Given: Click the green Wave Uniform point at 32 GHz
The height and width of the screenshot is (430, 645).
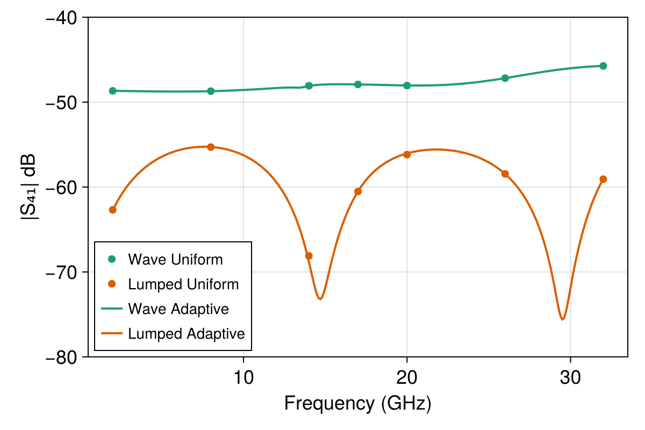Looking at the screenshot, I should [x=603, y=66].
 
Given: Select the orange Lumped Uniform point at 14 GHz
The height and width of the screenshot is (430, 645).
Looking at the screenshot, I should [x=309, y=256].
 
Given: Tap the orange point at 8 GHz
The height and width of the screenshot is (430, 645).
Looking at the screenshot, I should [x=211, y=147].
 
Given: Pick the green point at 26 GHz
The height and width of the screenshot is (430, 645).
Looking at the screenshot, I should [x=505, y=78].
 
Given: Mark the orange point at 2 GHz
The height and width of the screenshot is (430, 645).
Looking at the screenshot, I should [x=112, y=210].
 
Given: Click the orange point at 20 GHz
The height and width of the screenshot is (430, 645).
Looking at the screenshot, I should [x=407, y=154].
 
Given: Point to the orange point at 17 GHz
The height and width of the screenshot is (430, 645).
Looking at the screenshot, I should [x=358, y=191].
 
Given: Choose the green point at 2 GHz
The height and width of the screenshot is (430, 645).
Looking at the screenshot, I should [x=112, y=91].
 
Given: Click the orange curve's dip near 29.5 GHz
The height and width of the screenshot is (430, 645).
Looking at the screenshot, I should [x=562, y=319].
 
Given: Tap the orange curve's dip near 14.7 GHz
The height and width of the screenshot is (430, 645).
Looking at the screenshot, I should [x=320, y=299].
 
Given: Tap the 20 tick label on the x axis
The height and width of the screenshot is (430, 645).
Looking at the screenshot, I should [x=407, y=375].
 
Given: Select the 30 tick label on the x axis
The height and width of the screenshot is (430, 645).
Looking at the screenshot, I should [x=570, y=375].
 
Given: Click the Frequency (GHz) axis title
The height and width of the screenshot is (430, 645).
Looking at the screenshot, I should [x=357, y=403].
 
